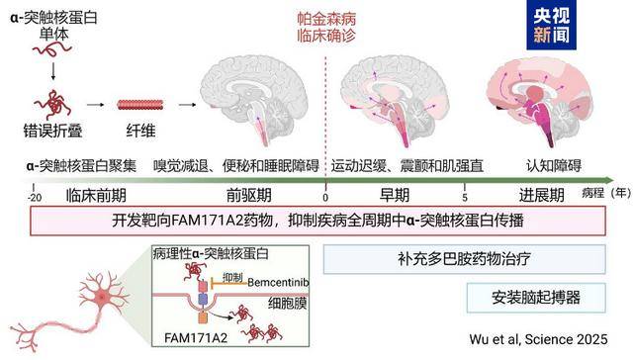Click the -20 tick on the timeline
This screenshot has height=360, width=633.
tap(34, 198)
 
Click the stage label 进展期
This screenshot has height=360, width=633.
tap(536, 196)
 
